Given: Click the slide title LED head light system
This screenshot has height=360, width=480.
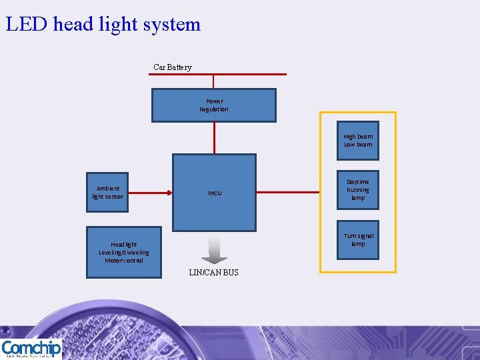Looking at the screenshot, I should [x=103, y=24].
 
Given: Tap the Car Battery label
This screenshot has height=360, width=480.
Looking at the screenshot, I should [x=172, y=67].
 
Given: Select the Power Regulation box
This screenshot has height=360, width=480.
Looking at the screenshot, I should [x=213, y=105].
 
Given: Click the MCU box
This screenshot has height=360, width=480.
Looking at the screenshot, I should [x=214, y=193].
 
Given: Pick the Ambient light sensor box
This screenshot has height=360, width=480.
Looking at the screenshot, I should [x=107, y=192].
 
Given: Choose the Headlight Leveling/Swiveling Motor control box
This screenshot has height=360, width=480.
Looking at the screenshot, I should [x=124, y=252].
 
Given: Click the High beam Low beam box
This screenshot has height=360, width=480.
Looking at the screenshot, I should [x=358, y=141].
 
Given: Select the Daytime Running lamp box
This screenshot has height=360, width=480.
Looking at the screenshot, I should [x=358, y=189].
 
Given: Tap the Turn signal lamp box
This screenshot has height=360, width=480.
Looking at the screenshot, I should [x=358, y=240].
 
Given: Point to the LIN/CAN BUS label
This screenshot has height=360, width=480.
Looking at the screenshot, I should [x=213, y=273].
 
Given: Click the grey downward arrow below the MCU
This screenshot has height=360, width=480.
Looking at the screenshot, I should [x=214, y=249].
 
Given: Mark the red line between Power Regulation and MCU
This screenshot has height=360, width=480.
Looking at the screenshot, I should [x=214, y=138].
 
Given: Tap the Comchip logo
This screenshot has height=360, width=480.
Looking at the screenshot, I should [x=31, y=349].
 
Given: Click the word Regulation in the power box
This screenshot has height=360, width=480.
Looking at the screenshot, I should [x=213, y=109].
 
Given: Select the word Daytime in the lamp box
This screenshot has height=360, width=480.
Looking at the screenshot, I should [x=358, y=181].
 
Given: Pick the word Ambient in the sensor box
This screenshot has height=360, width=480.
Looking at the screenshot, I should [x=107, y=188].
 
